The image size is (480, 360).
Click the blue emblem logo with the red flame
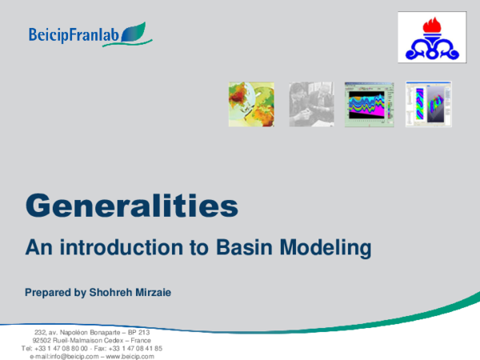pyautogui.click(x=432, y=38)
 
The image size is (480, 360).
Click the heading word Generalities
pyautogui.click(x=132, y=206)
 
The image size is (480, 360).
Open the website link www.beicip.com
pyautogui.click(x=129, y=356)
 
